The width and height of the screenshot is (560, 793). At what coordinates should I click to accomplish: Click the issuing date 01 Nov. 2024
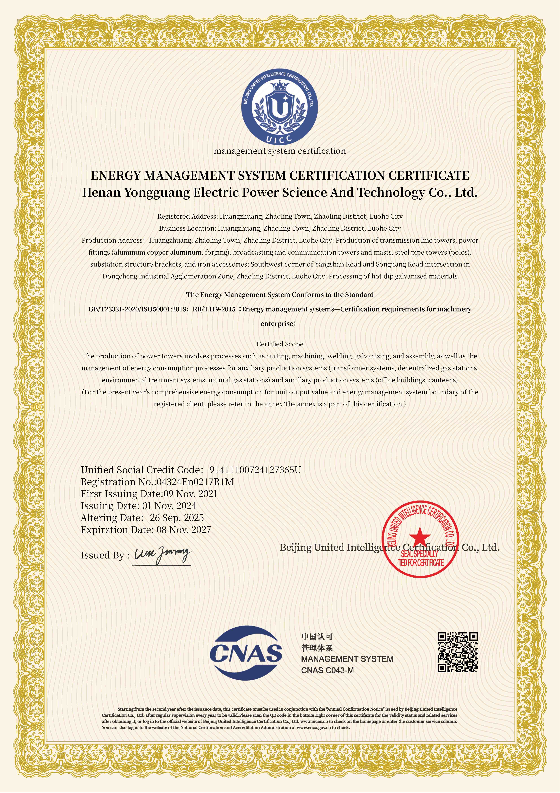[x=169, y=506]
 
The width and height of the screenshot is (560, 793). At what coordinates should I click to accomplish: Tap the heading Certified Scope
[x=280, y=344]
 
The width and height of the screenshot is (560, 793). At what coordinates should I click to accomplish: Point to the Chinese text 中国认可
[x=317, y=637]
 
